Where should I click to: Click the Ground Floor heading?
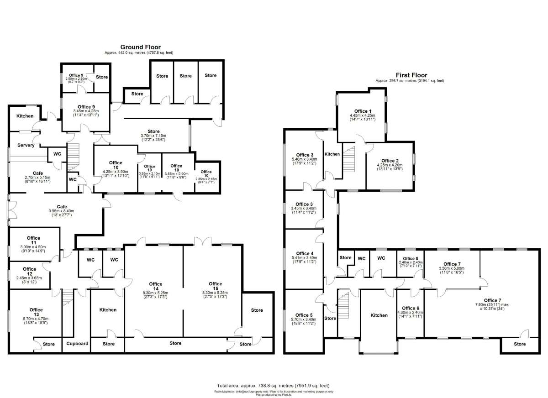(x=140, y=47)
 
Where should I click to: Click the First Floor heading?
(x=411, y=75)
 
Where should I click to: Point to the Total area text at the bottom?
(x=273, y=386)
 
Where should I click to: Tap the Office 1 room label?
(x=363, y=111)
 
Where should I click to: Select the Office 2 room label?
(x=390, y=161)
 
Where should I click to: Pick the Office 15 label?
(x=215, y=284)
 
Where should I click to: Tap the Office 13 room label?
(x=36, y=310)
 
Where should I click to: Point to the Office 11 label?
(x=33, y=238)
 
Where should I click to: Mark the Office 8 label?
(x=410, y=259)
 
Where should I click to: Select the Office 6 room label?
(x=411, y=309)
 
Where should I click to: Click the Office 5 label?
(x=304, y=315)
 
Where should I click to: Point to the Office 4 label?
(x=305, y=253)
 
